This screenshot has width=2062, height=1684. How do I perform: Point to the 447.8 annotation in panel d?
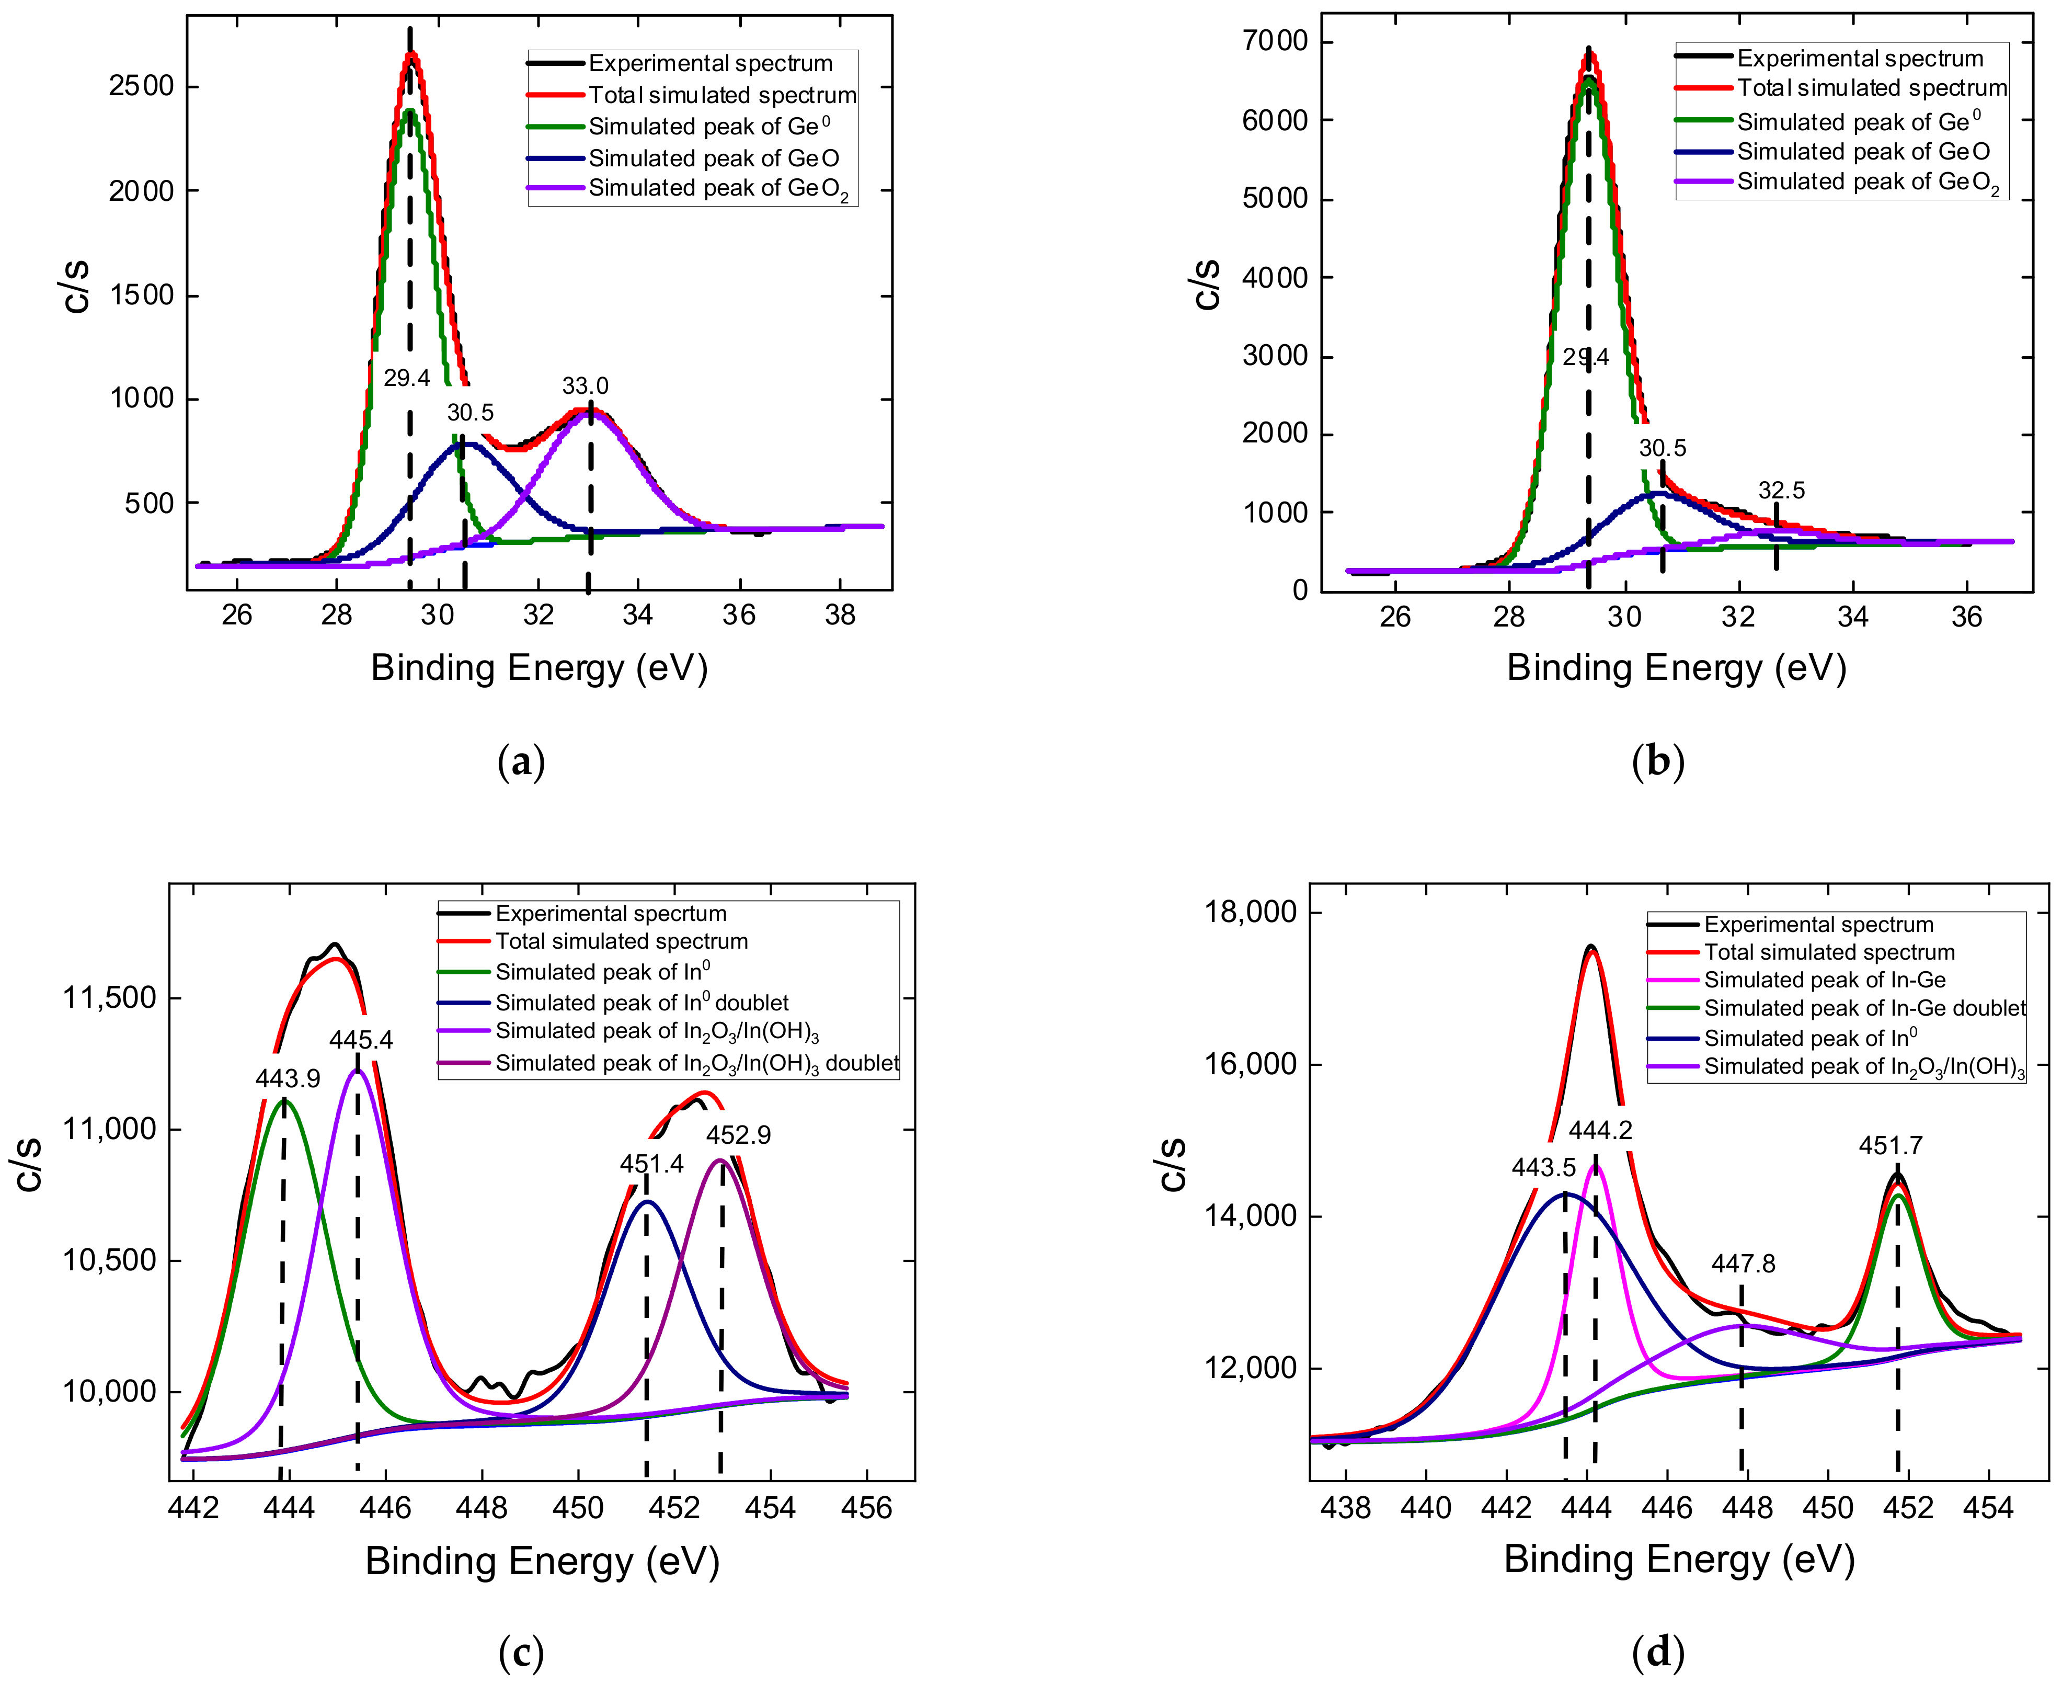1743,1264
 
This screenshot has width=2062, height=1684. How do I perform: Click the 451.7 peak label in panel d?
1891,1146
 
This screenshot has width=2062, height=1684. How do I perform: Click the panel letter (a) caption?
521,763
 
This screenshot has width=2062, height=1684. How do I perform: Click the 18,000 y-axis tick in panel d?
1248,912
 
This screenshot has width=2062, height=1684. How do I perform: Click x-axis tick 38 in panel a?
840,616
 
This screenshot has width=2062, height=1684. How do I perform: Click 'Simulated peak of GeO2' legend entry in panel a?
718,189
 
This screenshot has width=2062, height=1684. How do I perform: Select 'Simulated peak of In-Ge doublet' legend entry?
1864,1009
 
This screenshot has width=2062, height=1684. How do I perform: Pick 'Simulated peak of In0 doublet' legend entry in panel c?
642,1003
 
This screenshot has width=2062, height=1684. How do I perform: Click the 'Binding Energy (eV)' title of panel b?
1676,668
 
